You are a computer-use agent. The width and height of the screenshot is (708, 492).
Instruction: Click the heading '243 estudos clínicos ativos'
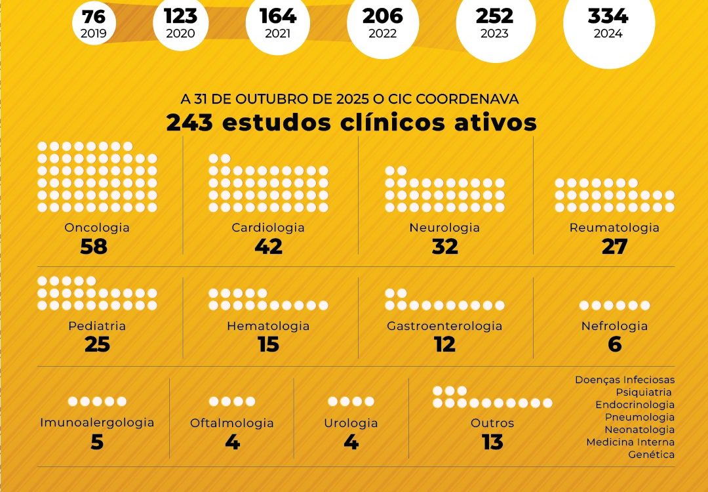[x=351, y=123]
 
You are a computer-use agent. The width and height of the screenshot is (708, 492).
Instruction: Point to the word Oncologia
[x=97, y=228]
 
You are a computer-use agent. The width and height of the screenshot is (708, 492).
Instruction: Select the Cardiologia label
[x=268, y=228]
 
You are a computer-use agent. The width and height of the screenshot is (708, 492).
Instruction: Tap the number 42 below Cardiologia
[x=269, y=247]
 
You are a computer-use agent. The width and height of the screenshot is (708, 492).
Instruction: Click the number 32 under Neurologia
[x=445, y=247]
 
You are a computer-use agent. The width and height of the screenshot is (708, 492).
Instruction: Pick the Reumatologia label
[x=614, y=228]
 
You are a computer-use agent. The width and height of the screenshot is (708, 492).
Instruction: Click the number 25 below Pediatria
[x=97, y=344]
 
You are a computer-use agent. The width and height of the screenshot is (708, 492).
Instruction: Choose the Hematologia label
[x=268, y=326]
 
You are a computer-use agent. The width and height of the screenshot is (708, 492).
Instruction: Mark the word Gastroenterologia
[x=444, y=326]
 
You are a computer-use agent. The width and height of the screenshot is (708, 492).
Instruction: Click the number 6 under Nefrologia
[x=615, y=344]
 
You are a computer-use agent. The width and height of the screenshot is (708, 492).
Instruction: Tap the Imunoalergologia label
[x=97, y=423]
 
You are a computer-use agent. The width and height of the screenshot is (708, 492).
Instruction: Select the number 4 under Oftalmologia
[x=232, y=442]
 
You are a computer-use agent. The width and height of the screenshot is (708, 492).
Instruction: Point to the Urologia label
[x=351, y=423]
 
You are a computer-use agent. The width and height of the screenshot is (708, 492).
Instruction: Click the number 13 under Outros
[x=492, y=442]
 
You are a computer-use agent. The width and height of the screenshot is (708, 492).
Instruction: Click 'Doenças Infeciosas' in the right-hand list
[x=625, y=380]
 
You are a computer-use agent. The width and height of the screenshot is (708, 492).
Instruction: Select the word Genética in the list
[x=651, y=455]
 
